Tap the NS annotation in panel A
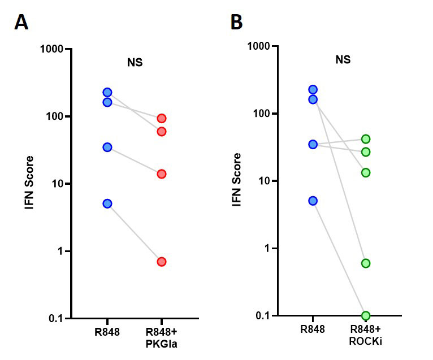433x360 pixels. pyautogui.click(x=135, y=62)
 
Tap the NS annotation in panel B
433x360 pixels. pyautogui.click(x=343, y=59)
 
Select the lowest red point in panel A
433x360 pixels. pyautogui.click(x=162, y=262)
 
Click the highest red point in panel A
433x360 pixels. pyautogui.click(x=162, y=118)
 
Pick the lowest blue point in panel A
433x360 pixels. pyautogui.click(x=107, y=203)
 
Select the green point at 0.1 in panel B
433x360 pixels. pyautogui.click(x=366, y=315)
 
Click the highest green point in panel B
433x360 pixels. pyautogui.click(x=366, y=139)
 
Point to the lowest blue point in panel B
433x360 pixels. pyautogui.click(x=313, y=201)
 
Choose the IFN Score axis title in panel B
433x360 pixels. pyautogui.click(x=237, y=180)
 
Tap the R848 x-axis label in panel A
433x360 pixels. pyautogui.click(x=107, y=332)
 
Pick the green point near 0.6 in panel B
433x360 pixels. pyautogui.click(x=366, y=263)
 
